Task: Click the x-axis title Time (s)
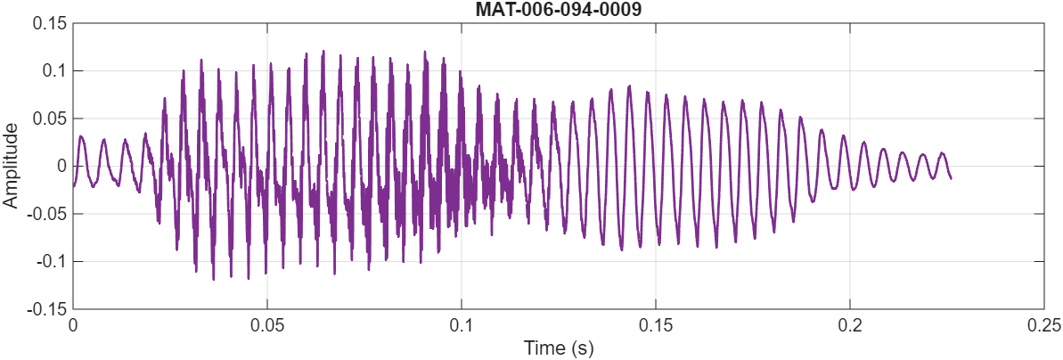pos(558,348)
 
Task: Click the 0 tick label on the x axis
pos(73,325)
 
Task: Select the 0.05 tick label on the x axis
pos(267,325)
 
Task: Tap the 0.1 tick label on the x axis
pos(462,325)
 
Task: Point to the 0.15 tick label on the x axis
pos(656,325)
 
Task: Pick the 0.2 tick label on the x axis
pos(850,325)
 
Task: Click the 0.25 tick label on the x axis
pos(1043,325)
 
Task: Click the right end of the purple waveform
pos(951,178)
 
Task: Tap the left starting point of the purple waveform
pos(73,185)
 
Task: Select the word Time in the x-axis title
pos(543,348)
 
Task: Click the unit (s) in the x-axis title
pos(583,348)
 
